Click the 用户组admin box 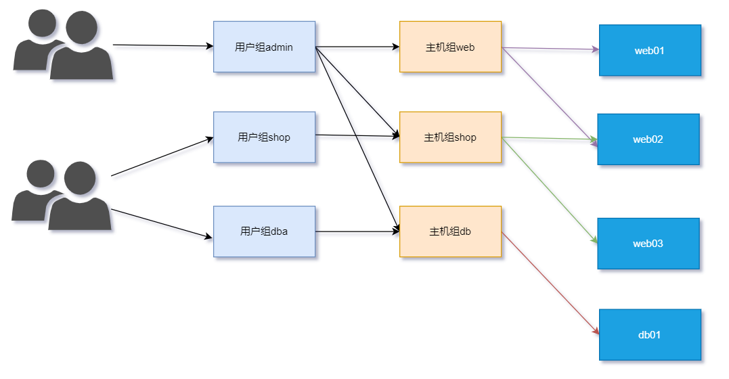coord(264,47)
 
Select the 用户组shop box coord(264,137)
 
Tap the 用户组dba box coord(264,231)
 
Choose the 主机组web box coord(450,47)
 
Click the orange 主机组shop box coord(450,137)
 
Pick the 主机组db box coord(450,231)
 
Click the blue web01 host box coord(650,51)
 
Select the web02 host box coord(648,139)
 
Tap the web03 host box coord(648,244)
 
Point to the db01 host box coord(650,335)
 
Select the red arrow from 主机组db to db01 coord(550,282)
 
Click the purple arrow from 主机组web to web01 coord(550,49)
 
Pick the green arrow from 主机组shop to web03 coord(550,190)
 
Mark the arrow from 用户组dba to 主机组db coord(357,231)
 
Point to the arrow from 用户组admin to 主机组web coord(357,47)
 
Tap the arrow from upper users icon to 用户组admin coord(162,45)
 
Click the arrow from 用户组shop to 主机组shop coord(357,136)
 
